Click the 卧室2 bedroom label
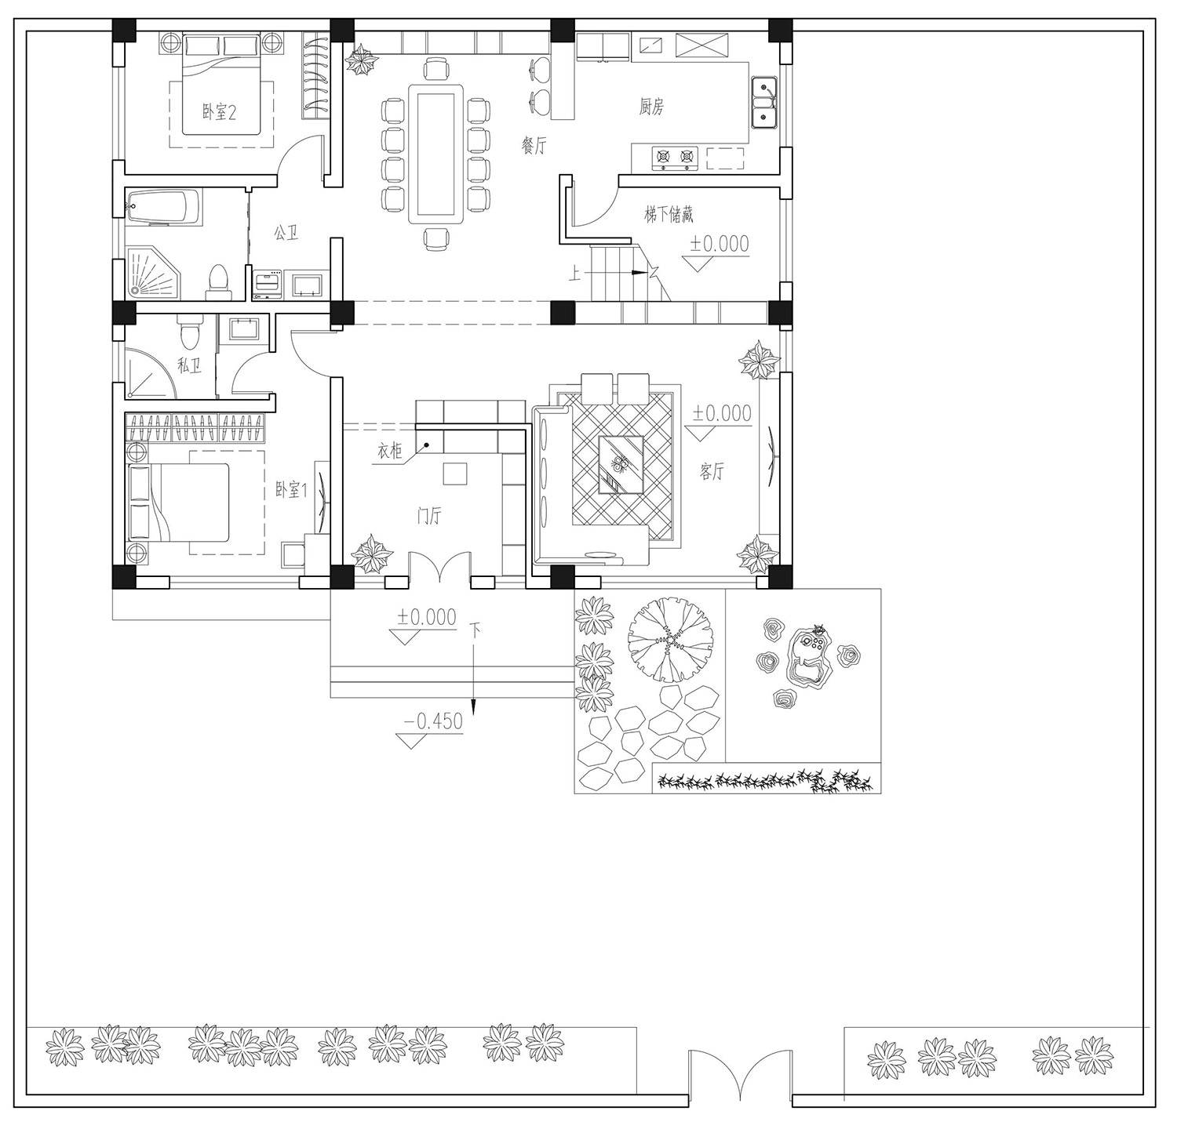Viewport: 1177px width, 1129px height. (x=220, y=113)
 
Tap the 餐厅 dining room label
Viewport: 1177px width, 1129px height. (x=534, y=145)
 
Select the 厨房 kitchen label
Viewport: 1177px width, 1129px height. (x=651, y=107)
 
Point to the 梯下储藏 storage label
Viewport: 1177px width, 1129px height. (x=669, y=213)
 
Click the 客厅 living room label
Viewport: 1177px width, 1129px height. (x=712, y=472)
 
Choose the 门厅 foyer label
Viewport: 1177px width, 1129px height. (x=429, y=516)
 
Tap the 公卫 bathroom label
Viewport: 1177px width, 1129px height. (x=286, y=234)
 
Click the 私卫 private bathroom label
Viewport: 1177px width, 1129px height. (x=189, y=365)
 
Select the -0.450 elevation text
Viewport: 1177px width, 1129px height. (x=433, y=721)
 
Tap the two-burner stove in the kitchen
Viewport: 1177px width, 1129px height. (x=675, y=158)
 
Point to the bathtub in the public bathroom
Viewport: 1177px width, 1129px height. (x=163, y=207)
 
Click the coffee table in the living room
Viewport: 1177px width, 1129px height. (x=621, y=464)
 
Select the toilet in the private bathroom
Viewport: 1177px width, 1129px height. (x=189, y=334)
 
